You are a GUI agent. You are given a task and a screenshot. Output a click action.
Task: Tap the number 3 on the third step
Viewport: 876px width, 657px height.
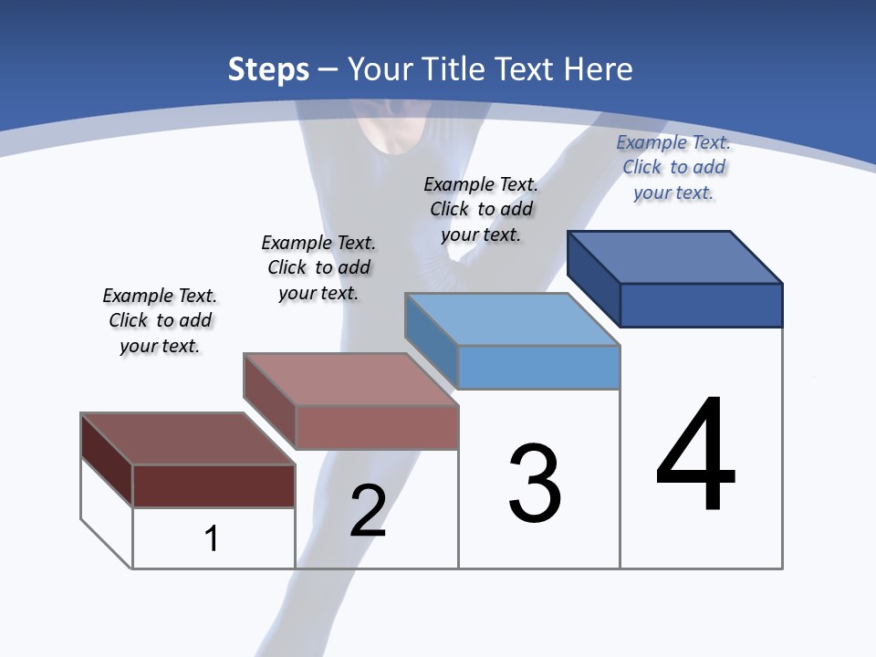[535, 484]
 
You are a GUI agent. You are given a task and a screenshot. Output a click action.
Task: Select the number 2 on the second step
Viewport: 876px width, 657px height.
[368, 511]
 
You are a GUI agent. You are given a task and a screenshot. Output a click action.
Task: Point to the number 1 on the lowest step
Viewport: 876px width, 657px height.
[211, 538]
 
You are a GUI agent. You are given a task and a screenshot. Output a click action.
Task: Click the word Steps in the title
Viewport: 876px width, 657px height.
[268, 69]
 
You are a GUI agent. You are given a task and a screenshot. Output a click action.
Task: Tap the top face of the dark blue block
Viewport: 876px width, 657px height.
[675, 256]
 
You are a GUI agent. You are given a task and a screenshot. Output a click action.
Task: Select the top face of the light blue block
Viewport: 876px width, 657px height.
[513, 319]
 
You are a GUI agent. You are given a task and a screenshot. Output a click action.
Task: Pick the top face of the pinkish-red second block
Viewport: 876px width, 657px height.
[351, 379]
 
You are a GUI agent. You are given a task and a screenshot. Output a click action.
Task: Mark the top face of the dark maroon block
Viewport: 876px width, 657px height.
[188, 439]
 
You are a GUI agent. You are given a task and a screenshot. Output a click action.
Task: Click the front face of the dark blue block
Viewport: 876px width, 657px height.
[701, 305]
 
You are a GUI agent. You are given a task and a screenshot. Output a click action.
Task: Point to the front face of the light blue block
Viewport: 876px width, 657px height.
[538, 367]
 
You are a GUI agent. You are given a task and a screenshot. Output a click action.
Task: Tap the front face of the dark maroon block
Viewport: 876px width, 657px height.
[214, 485]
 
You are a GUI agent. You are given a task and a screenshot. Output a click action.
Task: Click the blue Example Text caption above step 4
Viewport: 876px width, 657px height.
[673, 167]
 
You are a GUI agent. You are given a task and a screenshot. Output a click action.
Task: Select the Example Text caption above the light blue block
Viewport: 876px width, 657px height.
[481, 209]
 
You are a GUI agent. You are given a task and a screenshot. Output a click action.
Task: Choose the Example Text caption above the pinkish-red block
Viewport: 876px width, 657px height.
[318, 267]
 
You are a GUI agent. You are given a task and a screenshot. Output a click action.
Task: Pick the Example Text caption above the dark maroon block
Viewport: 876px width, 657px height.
[160, 320]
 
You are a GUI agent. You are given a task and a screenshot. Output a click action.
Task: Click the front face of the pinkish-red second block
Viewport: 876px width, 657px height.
[377, 427]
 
